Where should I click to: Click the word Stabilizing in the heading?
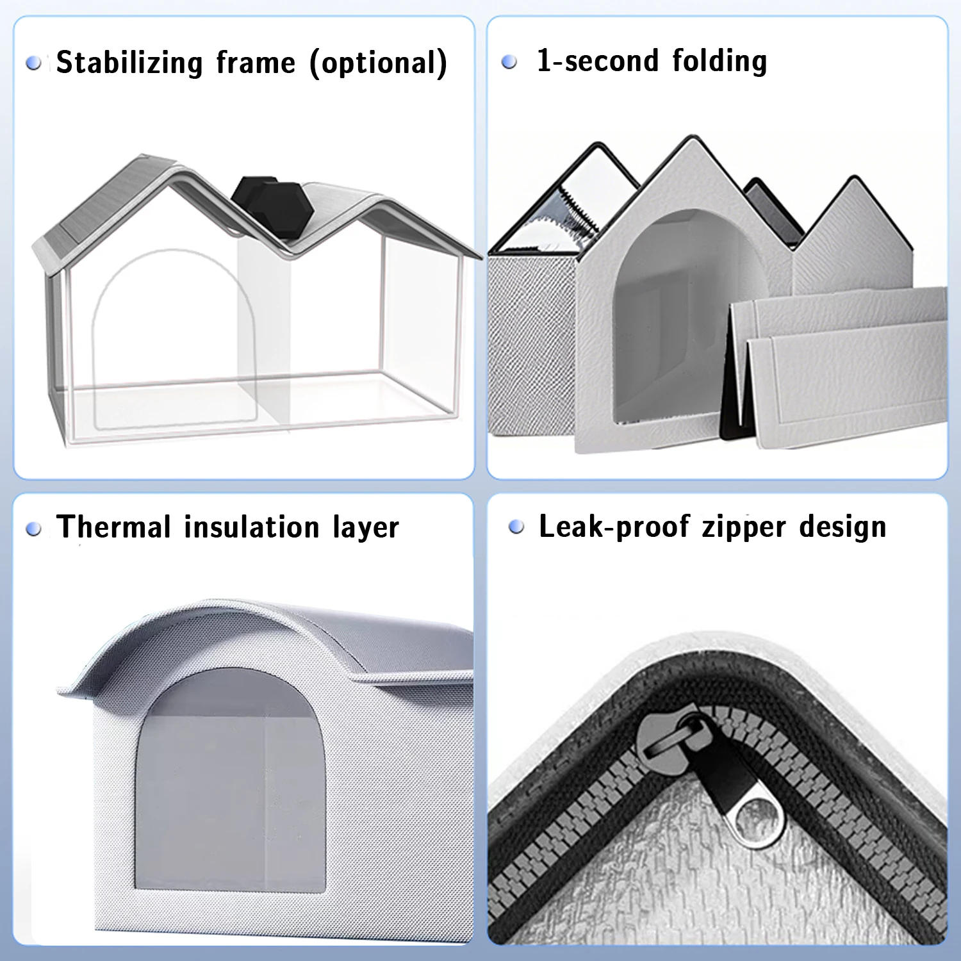[130, 63]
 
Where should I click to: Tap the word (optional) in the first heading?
[378, 63]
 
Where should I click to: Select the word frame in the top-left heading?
[256, 63]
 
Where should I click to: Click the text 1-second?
[597, 61]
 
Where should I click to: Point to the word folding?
[719, 61]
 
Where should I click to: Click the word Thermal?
[113, 527]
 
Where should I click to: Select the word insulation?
[251, 527]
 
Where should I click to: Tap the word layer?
[366, 528]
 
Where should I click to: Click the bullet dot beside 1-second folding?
[509, 62]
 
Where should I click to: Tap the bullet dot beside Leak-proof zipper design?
[516, 527]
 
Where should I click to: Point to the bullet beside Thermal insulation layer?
[33, 529]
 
